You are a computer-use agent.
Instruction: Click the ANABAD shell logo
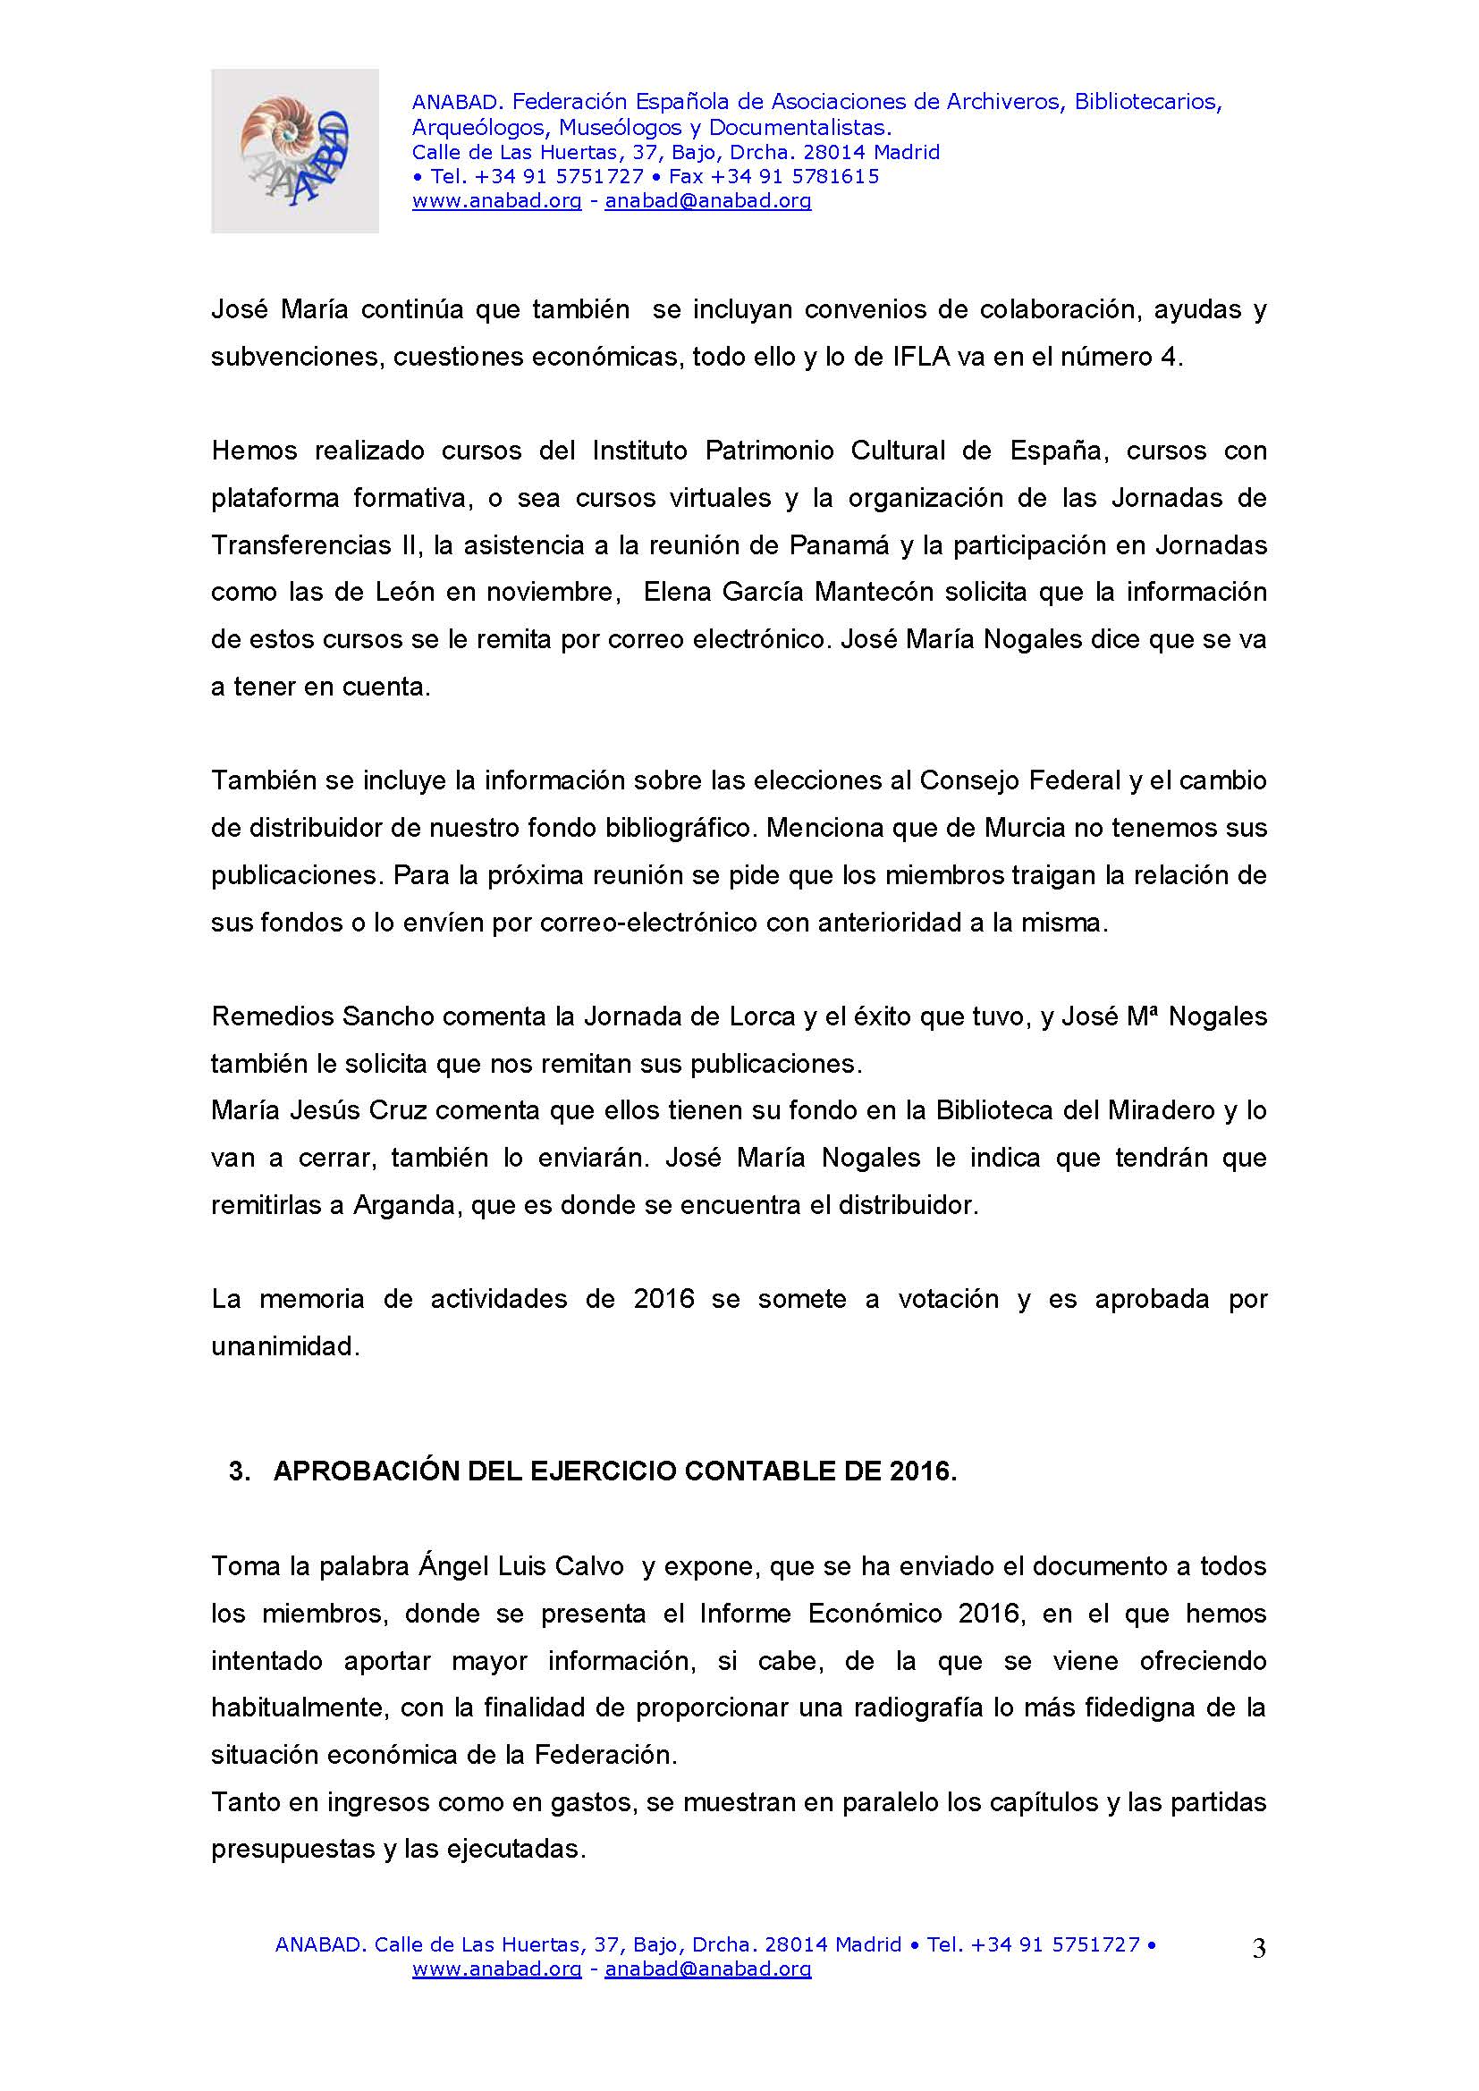coord(294,150)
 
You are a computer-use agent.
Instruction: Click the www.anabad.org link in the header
coord(496,201)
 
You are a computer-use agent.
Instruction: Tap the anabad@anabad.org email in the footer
coord(707,1969)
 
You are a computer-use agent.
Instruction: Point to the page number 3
coord(1259,1949)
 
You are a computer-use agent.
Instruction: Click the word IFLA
coord(921,357)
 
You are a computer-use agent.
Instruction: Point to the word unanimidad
coord(285,1346)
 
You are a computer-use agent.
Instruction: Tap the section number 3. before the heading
coord(240,1471)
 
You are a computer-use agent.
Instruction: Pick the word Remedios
coord(273,1016)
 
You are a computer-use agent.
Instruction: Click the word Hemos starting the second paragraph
coord(254,451)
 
